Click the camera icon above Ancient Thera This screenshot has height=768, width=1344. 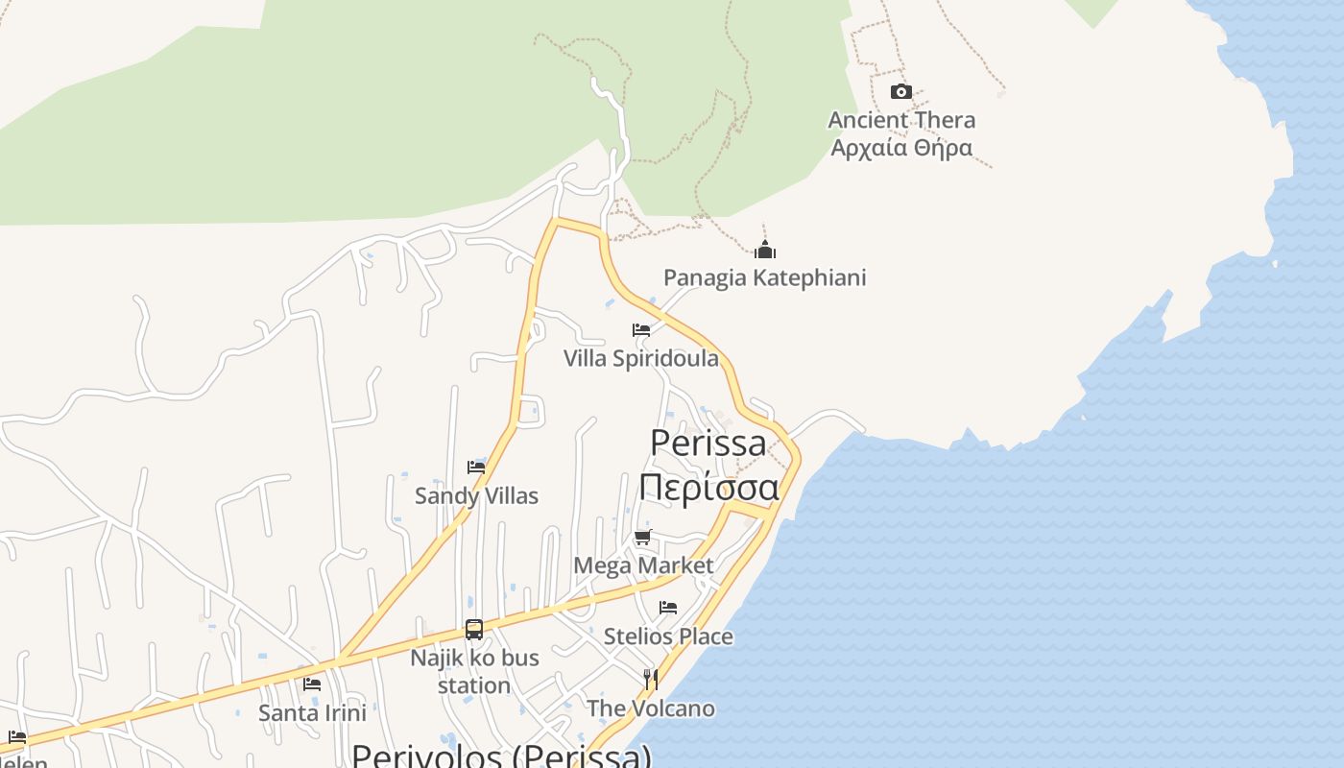coord(900,92)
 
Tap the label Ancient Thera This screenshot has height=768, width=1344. coord(901,120)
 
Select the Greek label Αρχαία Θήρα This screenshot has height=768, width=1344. coord(901,147)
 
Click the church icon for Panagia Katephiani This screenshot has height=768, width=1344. coord(764,251)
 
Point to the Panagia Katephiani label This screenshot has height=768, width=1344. coord(764,277)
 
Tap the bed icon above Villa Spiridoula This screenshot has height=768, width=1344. coord(641,330)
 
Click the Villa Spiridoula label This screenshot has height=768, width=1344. coord(640,358)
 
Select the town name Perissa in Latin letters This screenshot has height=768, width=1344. coord(708,443)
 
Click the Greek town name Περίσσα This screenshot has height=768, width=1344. coord(708,487)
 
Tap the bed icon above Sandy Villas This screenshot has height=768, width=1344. coord(476,468)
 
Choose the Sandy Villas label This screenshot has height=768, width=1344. coord(476,495)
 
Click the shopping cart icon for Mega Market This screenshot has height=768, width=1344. coord(643,537)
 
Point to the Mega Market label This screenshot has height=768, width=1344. coord(643,565)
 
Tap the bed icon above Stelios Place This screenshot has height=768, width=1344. coord(668,608)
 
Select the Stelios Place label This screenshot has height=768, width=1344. coord(668,636)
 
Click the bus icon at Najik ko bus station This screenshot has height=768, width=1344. coord(474,630)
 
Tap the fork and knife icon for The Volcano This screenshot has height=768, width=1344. coord(651,680)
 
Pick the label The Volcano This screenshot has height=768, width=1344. coord(651,708)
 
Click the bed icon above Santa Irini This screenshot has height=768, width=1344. coord(312,684)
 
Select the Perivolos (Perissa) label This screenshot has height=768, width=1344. coord(501,756)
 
